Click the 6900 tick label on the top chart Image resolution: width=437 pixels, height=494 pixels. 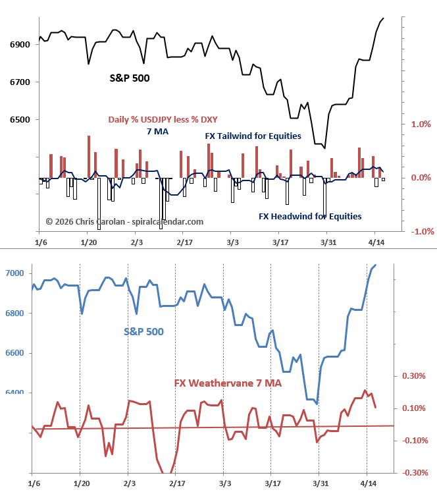click(20, 45)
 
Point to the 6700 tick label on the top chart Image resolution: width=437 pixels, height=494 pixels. click(20, 82)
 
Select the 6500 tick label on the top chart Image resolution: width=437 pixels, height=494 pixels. click(20, 120)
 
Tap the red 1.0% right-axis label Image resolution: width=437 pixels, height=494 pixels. click(421, 124)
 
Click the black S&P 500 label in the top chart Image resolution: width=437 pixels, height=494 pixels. click(129, 78)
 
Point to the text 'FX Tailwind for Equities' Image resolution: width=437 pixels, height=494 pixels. click(252, 136)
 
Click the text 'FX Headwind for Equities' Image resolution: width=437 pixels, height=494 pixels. click(309, 215)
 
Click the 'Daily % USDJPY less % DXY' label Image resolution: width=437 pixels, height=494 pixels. click(163, 119)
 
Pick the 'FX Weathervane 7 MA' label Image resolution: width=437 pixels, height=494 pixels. click(228, 383)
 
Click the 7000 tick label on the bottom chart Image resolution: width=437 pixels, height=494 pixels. click(14, 273)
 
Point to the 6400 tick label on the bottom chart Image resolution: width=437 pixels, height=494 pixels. click(14, 393)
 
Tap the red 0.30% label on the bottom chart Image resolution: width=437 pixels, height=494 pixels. click(414, 376)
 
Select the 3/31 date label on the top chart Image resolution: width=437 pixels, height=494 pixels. click(328, 242)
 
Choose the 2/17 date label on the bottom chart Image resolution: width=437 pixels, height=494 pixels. click(176, 483)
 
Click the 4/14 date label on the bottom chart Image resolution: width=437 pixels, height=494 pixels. click(367, 483)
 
